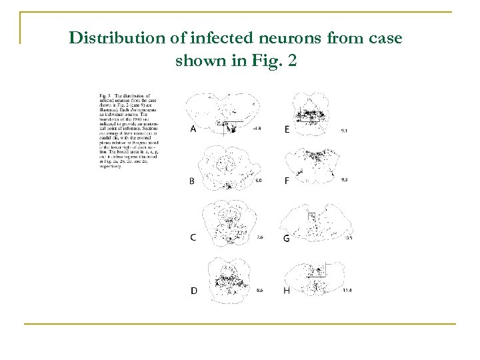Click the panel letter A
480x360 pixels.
193,129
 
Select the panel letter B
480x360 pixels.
193,181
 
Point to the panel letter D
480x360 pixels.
193,291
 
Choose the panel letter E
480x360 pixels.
287,129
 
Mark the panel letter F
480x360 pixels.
287,181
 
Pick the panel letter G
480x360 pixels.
287,238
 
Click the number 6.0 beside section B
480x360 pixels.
259,181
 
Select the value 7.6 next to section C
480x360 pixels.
259,237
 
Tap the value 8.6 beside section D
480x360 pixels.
259,291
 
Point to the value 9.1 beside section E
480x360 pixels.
344,131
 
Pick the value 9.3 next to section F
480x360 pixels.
344,181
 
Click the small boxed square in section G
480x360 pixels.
311,216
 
